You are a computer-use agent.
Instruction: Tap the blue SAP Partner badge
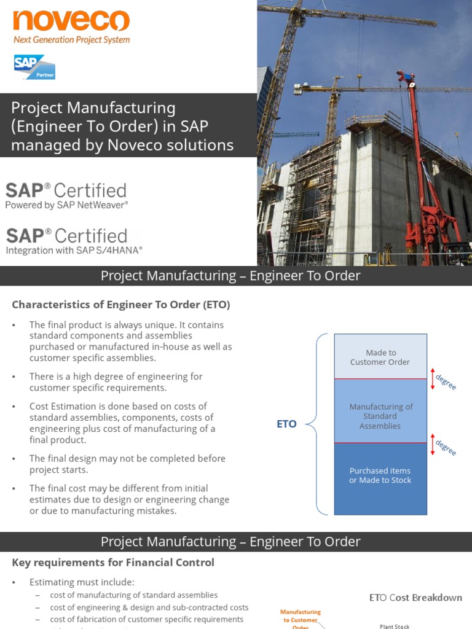click(34, 67)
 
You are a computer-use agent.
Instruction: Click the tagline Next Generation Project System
click(71, 40)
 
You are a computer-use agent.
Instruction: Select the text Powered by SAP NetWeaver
click(67, 205)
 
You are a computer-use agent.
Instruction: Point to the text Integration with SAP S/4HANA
click(74, 250)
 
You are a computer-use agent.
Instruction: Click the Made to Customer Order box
click(380, 357)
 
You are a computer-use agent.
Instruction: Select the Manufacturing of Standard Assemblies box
click(380, 416)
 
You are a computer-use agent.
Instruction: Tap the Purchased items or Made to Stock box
click(380, 475)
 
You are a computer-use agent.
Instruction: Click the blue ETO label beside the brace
click(286, 424)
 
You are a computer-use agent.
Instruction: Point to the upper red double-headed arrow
click(433, 378)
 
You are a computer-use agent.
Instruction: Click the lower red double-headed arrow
click(433, 443)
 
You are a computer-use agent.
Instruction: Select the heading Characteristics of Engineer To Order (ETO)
click(121, 305)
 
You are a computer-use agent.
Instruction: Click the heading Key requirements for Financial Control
click(113, 562)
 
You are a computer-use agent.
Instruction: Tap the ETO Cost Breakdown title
click(415, 598)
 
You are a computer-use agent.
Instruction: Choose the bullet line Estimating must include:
click(82, 582)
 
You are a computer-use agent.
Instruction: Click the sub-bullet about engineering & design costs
click(149, 607)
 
